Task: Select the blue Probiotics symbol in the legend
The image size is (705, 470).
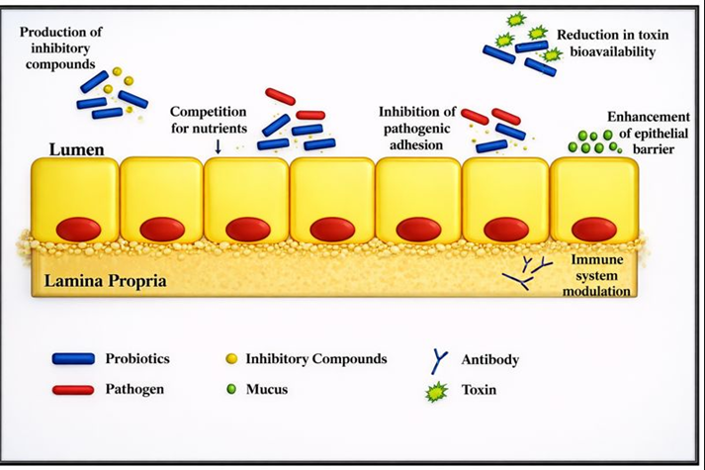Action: (73, 358)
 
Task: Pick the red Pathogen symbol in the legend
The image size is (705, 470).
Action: (73, 389)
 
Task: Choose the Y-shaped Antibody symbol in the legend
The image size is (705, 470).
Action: (438, 359)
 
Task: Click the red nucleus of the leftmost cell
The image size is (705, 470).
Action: (76, 229)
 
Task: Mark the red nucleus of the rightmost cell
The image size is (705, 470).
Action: (593, 229)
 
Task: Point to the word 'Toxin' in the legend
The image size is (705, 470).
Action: (479, 390)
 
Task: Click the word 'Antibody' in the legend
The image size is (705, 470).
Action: (489, 359)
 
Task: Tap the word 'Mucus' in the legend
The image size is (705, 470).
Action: (266, 389)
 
